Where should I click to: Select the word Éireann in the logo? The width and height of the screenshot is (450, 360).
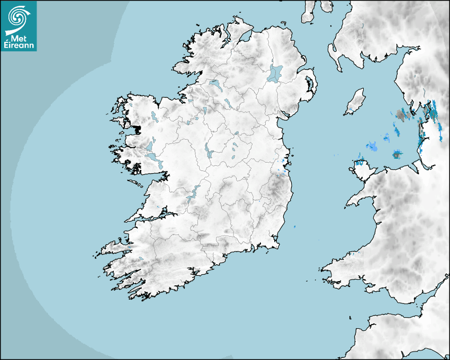point(19,46)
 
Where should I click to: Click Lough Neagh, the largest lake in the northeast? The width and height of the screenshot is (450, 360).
point(275,73)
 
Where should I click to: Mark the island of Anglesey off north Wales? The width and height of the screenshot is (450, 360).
point(361,166)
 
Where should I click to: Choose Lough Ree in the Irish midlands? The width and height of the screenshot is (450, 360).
point(208,150)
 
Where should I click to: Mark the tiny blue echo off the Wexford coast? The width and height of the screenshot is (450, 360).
point(294,227)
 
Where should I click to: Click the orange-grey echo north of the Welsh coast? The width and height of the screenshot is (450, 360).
point(396,154)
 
